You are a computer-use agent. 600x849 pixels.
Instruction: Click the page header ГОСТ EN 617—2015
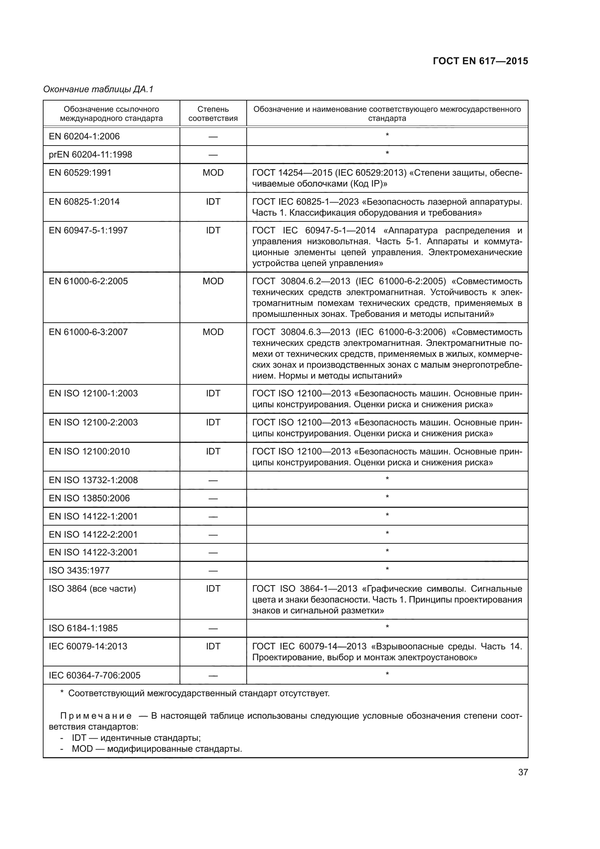point(480,61)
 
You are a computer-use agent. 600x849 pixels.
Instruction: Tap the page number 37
point(523,772)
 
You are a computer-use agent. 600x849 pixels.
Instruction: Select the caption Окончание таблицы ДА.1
point(98,89)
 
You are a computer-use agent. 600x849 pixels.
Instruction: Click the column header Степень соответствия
point(213,114)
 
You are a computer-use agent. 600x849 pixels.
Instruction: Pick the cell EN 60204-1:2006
point(84,136)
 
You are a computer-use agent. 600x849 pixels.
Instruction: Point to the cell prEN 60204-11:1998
point(91,155)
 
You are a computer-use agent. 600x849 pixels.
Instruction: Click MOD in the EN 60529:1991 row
point(213,173)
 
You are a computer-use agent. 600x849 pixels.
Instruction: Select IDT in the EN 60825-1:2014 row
point(213,201)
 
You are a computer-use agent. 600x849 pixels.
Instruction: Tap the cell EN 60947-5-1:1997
point(88,230)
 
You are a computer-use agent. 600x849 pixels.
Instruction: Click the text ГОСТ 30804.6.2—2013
point(301,281)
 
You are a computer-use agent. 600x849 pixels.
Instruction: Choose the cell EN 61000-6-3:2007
point(88,332)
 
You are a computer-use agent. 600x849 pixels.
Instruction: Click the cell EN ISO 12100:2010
point(89,451)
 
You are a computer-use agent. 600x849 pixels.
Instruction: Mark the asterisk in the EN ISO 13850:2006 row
point(387,497)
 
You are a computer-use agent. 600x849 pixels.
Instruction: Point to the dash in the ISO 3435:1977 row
point(213,571)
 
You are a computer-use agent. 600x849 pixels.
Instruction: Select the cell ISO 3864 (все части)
point(93,588)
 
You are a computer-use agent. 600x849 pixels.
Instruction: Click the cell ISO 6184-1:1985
point(83,628)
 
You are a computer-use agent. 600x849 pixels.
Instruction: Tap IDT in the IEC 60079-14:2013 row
point(213,646)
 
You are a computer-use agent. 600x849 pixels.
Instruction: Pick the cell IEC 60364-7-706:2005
point(95,675)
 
